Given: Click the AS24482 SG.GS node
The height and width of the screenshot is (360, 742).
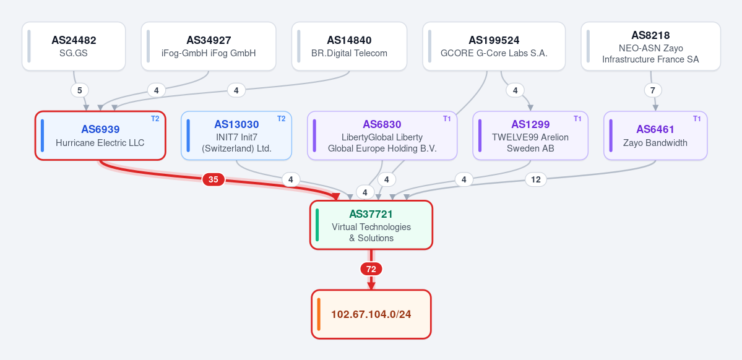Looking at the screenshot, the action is pyautogui.click(x=74, y=46).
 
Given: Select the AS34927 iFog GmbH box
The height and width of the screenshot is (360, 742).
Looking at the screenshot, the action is pyautogui.click(x=208, y=46).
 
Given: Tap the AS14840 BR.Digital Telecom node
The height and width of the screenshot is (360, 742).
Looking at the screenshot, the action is pyautogui.click(x=349, y=46).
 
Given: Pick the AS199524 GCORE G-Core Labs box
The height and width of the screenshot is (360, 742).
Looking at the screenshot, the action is pyautogui.click(x=494, y=46).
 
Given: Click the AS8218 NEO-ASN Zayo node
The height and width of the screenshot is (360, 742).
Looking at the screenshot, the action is pyautogui.click(x=650, y=46).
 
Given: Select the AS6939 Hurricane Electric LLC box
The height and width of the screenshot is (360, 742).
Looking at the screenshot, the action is pyautogui.click(x=100, y=135).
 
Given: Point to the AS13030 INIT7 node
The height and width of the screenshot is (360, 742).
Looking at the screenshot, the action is pyautogui.click(x=236, y=135).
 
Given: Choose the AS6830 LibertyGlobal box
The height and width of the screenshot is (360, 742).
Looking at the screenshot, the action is pyautogui.click(x=382, y=135).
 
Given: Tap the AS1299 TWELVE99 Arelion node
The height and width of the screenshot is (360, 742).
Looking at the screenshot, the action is pyautogui.click(x=530, y=135).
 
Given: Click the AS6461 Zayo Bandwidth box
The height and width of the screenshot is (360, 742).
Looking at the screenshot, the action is pyautogui.click(x=655, y=135).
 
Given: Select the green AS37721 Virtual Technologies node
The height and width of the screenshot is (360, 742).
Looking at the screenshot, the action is pyautogui.click(x=371, y=225).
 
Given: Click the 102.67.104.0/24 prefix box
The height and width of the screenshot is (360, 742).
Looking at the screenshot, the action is pyautogui.click(x=371, y=314).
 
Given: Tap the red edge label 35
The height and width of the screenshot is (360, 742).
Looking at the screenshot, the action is pyautogui.click(x=214, y=180).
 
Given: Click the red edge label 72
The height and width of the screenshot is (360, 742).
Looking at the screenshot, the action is pyautogui.click(x=371, y=269).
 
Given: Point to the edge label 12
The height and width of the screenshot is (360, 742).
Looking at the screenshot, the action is pyautogui.click(x=536, y=180).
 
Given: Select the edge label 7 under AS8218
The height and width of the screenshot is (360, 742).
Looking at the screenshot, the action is pyautogui.click(x=653, y=90).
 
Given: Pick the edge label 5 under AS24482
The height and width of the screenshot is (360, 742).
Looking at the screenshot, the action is pyautogui.click(x=79, y=90).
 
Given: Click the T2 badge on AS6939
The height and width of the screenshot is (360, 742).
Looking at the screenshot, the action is pyautogui.click(x=155, y=119).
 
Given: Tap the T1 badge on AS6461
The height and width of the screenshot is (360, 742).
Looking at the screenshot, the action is pyautogui.click(x=697, y=119).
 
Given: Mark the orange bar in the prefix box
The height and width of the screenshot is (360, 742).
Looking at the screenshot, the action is pyautogui.click(x=319, y=314).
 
